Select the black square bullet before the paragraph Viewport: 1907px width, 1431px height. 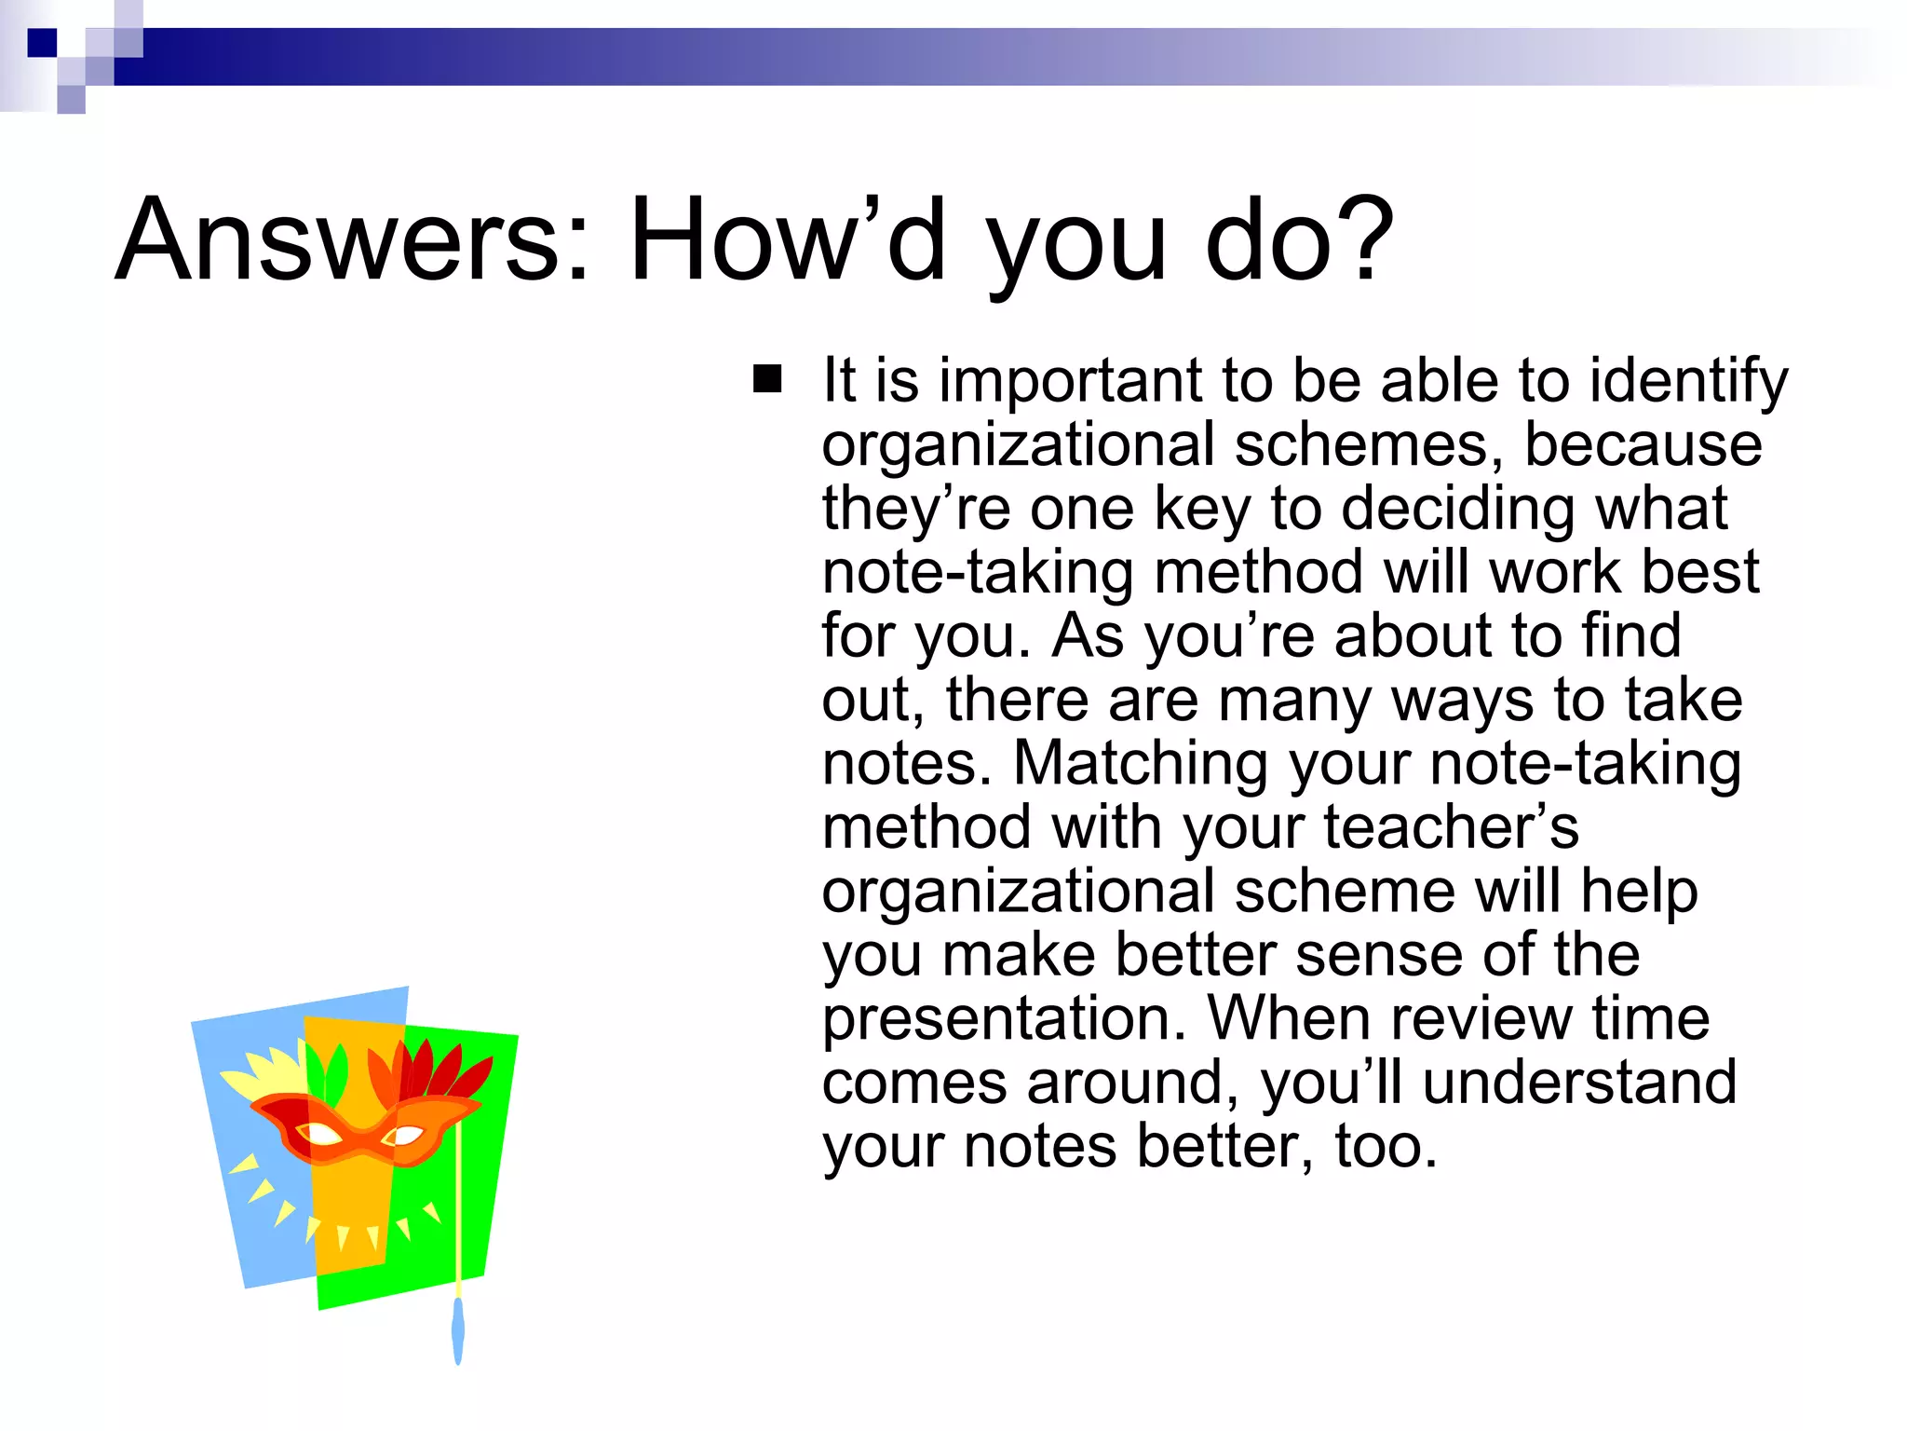coord(767,380)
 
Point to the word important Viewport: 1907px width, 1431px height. coord(1071,382)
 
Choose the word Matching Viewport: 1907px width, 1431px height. coord(1141,764)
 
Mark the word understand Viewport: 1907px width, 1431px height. coord(1579,1083)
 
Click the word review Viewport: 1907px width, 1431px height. coord(1481,1018)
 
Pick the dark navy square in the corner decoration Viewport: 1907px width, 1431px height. coord(42,43)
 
